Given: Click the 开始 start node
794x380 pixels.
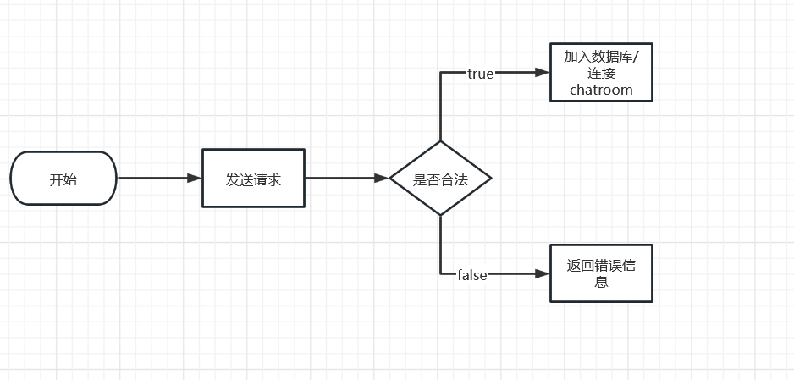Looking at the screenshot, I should (x=63, y=179).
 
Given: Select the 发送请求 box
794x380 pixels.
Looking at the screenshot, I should (x=253, y=179).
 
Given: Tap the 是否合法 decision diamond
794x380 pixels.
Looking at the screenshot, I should (x=440, y=179).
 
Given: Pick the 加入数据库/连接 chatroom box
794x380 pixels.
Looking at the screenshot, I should (x=602, y=73).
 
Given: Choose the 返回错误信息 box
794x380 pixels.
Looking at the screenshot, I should (x=602, y=273).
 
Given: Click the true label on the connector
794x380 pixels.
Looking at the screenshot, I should (x=480, y=74).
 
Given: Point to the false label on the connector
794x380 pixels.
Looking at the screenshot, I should (x=471, y=274).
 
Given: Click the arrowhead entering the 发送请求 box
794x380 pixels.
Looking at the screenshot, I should (x=196, y=179).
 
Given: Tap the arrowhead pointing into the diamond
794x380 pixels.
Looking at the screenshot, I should (x=383, y=179).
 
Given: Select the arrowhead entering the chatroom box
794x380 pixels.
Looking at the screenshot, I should (x=543, y=73).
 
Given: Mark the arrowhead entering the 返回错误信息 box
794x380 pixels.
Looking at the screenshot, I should (x=543, y=273).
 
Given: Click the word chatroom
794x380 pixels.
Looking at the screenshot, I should (x=601, y=90).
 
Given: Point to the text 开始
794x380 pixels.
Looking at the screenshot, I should (x=63, y=179).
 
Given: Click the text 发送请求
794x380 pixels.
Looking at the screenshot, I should (x=253, y=179).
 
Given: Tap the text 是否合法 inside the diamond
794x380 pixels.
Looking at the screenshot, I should (x=440, y=179).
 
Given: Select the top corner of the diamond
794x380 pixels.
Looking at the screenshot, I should (x=440, y=142).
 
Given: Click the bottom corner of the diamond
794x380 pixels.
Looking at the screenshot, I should (x=440, y=215).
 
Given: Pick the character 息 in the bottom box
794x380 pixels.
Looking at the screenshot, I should (x=602, y=282).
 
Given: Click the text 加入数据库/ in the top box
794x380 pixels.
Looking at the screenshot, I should (x=602, y=57).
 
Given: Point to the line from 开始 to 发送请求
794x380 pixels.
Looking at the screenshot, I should (x=157, y=179).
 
